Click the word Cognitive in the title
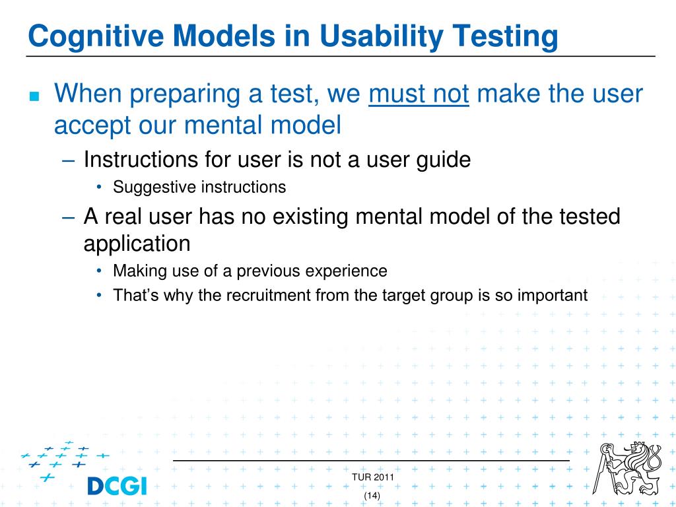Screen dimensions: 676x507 tap(96, 36)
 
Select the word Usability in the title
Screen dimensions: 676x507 tap(382, 36)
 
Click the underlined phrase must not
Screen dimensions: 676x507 tap(419, 94)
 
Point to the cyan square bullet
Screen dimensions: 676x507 tap(34, 96)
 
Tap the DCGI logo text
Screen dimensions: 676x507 tap(117, 486)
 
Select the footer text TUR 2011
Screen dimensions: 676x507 tap(373, 477)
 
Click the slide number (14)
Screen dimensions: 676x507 tap(372, 495)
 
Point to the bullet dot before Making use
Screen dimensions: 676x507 tap(99, 271)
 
